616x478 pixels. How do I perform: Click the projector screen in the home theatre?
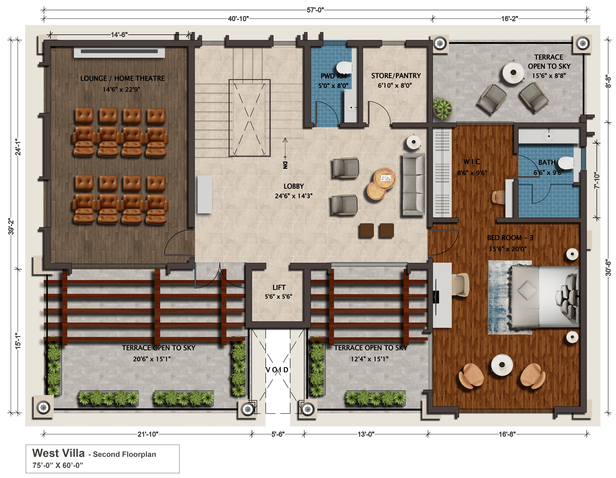pos(119,52)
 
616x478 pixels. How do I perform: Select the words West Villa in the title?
pos(58,453)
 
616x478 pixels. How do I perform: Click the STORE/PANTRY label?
pos(396,76)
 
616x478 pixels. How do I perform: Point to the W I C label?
pos(472,162)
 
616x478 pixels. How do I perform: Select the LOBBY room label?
pos(294,186)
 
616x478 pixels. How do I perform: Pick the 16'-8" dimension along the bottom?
pos(507,434)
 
